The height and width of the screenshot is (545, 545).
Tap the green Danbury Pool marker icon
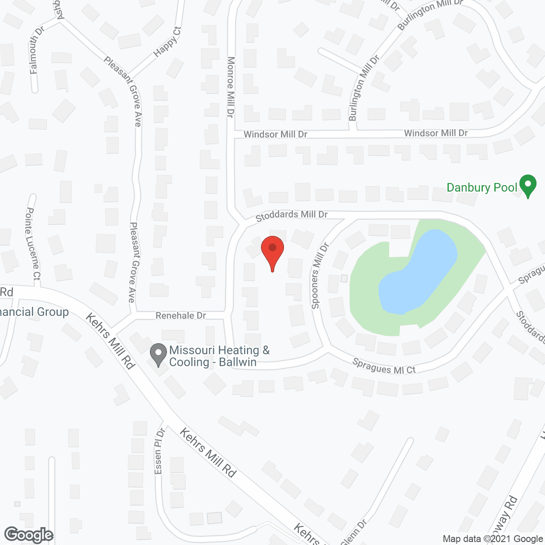click(x=528, y=185)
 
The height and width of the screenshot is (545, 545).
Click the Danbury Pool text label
click(x=482, y=188)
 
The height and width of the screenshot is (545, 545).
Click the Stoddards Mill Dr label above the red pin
click(x=292, y=215)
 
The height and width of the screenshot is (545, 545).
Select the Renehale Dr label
click(x=181, y=316)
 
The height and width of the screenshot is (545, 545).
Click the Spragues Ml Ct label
click(x=384, y=366)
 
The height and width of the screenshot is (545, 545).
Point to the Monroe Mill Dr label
click(x=231, y=87)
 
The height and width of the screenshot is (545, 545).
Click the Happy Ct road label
click(x=167, y=41)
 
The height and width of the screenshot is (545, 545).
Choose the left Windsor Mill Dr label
click(x=275, y=135)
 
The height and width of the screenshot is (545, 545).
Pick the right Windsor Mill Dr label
click(x=436, y=133)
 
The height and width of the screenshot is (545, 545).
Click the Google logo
click(x=29, y=535)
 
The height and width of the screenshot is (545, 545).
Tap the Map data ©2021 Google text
click(x=493, y=539)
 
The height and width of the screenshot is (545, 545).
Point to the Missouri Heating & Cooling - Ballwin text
click(x=219, y=356)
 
